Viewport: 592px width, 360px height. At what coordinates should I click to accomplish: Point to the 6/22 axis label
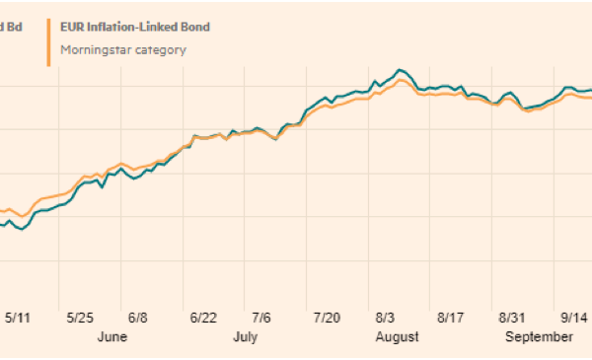(203, 318)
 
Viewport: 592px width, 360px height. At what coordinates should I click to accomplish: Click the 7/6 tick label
(261, 318)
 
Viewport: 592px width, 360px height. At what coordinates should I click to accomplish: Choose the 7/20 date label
(327, 318)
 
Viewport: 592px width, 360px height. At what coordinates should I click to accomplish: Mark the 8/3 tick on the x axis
(385, 318)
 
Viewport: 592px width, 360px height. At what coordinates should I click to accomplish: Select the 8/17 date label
(450, 318)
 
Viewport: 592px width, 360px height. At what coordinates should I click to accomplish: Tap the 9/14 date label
(573, 318)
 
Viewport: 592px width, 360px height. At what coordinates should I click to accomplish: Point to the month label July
(247, 336)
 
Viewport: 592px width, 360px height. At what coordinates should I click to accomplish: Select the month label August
(397, 336)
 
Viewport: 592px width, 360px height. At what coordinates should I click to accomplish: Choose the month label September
(540, 336)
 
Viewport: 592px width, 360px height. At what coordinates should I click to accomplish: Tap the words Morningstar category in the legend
(122, 49)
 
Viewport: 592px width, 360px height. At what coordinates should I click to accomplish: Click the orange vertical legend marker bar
(48, 37)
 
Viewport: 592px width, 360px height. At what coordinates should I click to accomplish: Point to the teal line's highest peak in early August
(400, 70)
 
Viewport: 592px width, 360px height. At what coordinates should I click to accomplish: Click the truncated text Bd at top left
(14, 27)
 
